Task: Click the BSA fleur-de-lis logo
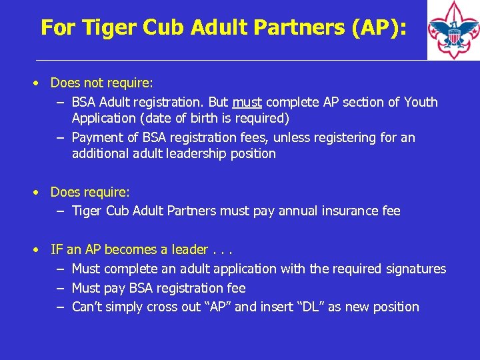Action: [x=453, y=31]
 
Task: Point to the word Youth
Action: [x=420, y=102]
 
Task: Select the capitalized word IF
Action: [x=57, y=249]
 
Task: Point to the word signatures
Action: [x=416, y=269]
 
